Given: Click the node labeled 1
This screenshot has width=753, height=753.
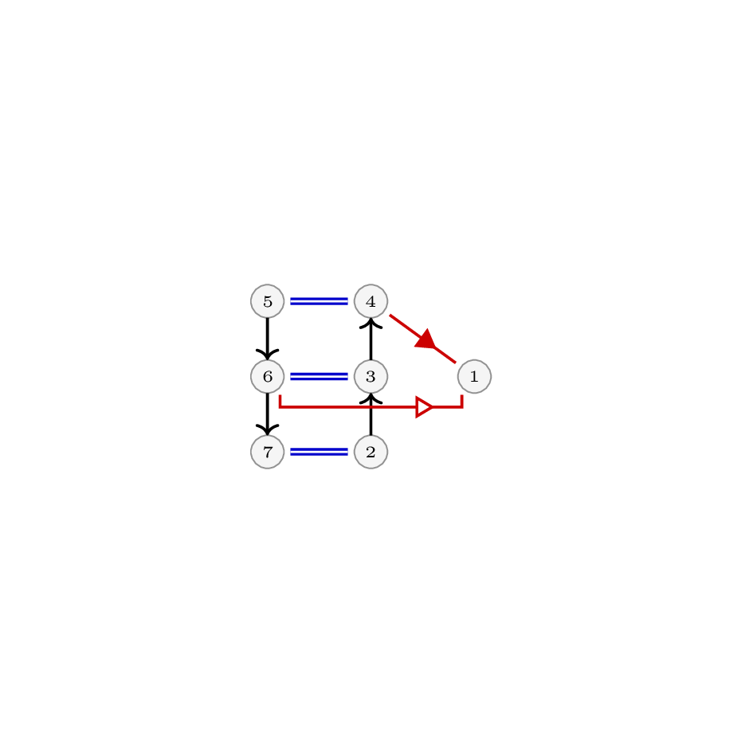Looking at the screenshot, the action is (x=474, y=376).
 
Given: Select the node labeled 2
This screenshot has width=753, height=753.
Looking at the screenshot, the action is (x=371, y=452).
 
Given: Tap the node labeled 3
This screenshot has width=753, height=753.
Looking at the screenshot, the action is (x=371, y=376).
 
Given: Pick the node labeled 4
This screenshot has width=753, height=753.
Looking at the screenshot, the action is (x=371, y=301).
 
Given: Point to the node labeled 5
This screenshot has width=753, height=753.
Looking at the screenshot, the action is (x=268, y=301).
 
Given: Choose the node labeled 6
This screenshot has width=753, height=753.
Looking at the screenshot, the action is (x=268, y=376).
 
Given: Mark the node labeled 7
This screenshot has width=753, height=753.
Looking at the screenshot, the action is (x=268, y=452).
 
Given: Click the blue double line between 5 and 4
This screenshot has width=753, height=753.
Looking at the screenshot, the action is (x=319, y=301).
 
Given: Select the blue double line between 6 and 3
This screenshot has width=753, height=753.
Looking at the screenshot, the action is (x=319, y=376).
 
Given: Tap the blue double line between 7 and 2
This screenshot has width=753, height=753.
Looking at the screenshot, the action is (x=319, y=452).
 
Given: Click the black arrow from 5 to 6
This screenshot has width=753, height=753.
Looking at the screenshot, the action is (x=268, y=339).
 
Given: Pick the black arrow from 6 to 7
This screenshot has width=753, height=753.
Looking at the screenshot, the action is (x=268, y=414).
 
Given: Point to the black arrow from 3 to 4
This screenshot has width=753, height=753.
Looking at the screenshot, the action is (x=371, y=339).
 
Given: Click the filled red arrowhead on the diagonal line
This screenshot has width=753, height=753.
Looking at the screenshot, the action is (x=426, y=339).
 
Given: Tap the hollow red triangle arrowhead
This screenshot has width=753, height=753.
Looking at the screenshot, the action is (x=424, y=407).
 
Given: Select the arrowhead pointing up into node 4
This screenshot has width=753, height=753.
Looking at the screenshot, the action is (x=371, y=324).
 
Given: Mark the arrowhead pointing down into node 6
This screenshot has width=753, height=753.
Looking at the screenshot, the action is (x=268, y=355).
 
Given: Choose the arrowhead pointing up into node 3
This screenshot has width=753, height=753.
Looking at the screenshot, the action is (x=371, y=398).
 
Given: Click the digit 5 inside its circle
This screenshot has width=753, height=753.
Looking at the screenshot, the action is (x=268, y=301).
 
